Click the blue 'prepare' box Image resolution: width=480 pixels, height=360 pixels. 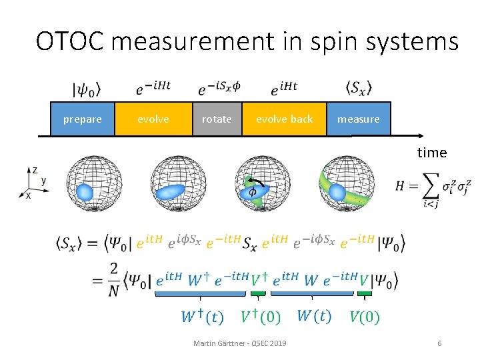click(83, 119)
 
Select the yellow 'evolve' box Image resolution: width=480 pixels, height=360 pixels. click(153, 119)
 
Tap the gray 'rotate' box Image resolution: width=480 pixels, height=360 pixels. click(217, 119)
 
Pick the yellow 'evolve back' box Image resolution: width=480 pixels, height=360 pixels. click(284, 119)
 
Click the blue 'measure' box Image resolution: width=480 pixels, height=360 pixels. click(358, 119)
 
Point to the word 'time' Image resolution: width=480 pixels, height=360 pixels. click(432, 153)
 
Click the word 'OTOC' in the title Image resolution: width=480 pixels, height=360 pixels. click(69, 41)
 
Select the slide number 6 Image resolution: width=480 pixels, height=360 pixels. click(439, 343)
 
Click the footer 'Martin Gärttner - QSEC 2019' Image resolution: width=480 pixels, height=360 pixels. click(239, 343)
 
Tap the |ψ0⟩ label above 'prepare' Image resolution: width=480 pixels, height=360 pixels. click(86, 89)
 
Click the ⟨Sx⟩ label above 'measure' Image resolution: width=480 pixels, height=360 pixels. click(359, 88)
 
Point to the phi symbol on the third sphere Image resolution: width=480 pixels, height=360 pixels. click(253, 191)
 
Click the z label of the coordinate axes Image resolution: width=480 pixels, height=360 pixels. click(35, 170)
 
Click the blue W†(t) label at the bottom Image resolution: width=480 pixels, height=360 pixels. click(203, 316)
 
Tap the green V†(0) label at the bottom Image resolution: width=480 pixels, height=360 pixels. click(261, 316)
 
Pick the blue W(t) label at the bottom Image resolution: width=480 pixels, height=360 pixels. click(313, 315)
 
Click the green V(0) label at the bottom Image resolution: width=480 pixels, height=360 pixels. click(365, 316)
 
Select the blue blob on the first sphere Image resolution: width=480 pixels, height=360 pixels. click(84, 192)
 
